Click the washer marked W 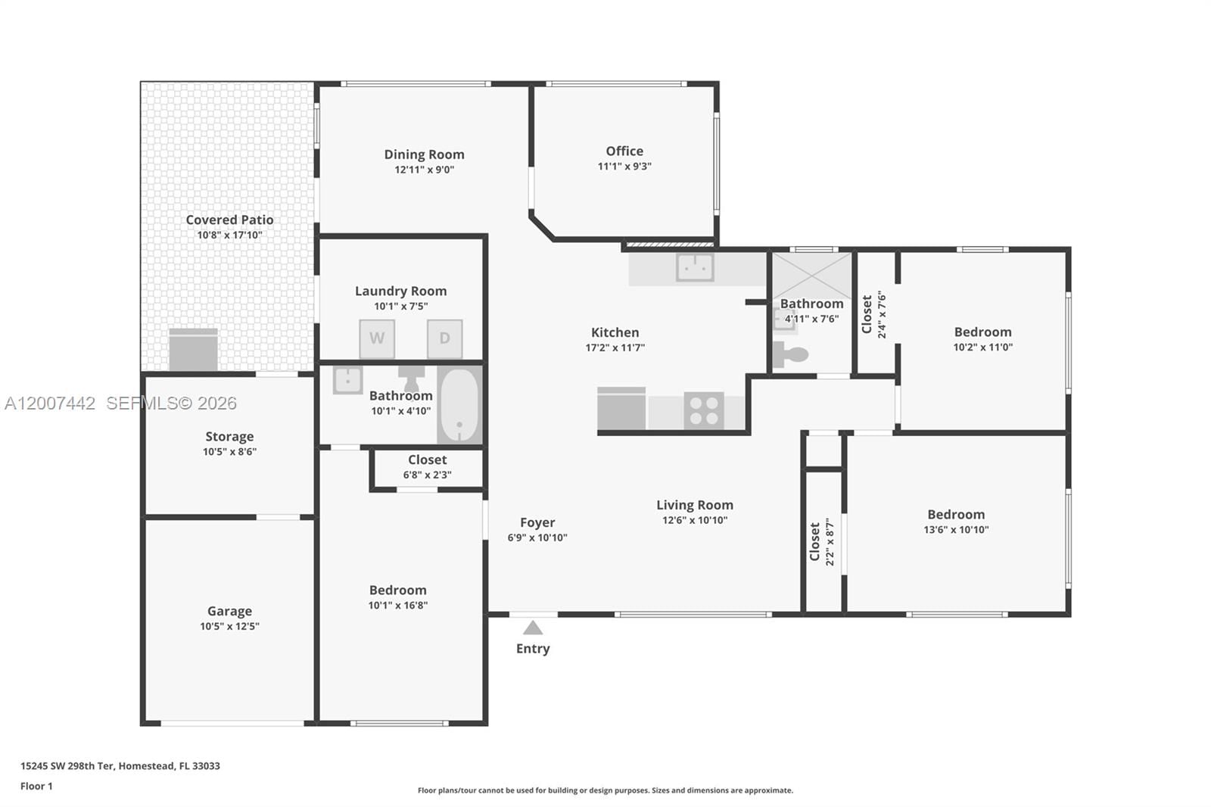click(377, 338)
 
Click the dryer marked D click(444, 338)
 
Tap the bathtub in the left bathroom click(459, 405)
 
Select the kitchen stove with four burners click(704, 411)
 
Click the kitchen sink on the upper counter click(695, 267)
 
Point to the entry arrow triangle click(533, 628)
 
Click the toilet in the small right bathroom click(791, 354)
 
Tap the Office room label click(624, 151)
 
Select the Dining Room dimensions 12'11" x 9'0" click(424, 170)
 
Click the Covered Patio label click(229, 220)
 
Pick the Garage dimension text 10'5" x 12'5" click(229, 626)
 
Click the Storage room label click(229, 437)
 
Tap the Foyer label click(537, 522)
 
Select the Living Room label click(694, 505)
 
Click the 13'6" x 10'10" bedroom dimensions click(956, 530)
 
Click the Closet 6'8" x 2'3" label click(427, 460)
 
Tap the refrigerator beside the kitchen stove click(621, 410)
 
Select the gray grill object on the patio click(194, 350)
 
